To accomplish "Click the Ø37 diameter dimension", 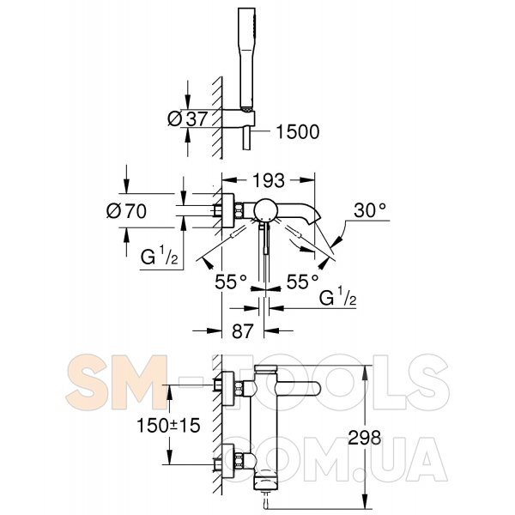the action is click(187, 118).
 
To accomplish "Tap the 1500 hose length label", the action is click(298, 131).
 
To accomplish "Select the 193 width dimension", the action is click(269, 180).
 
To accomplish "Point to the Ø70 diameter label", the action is click(126, 210).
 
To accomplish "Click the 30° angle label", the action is click(370, 210).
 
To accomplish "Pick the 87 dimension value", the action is click(243, 330).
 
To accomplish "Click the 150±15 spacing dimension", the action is click(168, 426).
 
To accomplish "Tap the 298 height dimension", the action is click(365, 437).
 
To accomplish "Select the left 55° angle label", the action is click(231, 282).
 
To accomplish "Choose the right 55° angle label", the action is click(302, 282).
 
